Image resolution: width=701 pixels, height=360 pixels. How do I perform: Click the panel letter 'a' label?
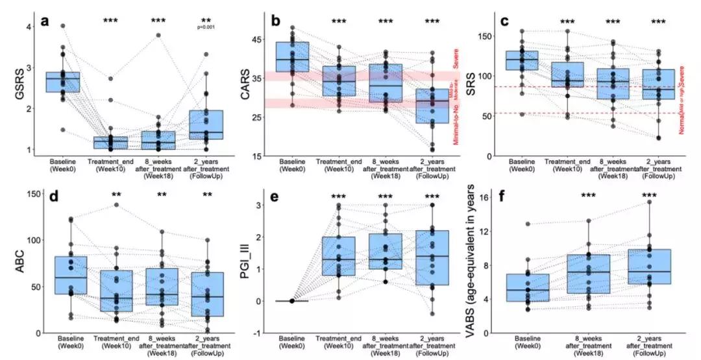click(x=45, y=21)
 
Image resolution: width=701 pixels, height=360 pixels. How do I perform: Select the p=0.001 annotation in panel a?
click(x=206, y=27)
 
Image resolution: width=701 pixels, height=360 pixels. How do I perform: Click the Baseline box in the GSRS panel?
click(x=62, y=82)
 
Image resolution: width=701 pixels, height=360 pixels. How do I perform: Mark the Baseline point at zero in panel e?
click(x=292, y=301)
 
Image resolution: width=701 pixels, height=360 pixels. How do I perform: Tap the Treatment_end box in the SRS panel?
click(x=568, y=75)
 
